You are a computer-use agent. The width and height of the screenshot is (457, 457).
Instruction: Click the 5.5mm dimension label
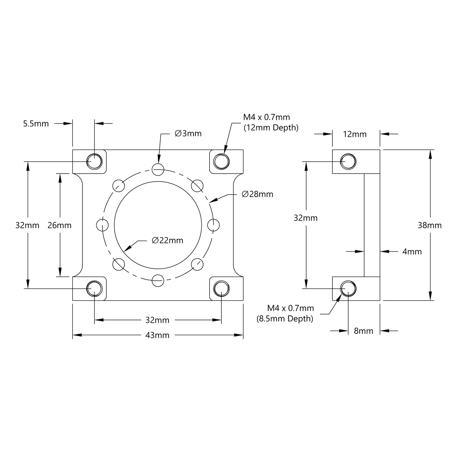click(36, 124)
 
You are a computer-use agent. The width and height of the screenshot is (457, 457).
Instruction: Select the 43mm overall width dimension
click(158, 335)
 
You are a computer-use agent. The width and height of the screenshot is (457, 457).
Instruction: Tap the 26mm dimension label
click(59, 225)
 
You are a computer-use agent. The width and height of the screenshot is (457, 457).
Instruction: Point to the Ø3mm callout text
click(188, 134)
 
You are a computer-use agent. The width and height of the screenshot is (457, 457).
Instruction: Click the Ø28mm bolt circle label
click(257, 194)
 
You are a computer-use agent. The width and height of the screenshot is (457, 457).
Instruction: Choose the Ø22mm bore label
click(167, 241)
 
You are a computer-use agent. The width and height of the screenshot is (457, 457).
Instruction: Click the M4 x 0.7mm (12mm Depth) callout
click(270, 122)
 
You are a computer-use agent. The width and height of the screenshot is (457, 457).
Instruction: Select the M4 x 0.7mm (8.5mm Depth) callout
click(285, 313)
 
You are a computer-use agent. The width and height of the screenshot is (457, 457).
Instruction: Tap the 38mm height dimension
click(430, 225)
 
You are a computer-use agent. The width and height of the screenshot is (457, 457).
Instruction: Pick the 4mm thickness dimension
click(412, 252)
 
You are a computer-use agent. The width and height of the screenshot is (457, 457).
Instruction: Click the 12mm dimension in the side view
click(355, 134)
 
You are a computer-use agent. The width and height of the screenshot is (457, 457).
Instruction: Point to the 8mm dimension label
click(363, 331)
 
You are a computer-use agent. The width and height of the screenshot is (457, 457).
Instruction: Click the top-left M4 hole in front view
click(94, 161)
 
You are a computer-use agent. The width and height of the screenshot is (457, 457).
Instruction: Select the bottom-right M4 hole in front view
click(221, 288)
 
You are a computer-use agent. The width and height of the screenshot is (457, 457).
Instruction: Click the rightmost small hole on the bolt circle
click(213, 225)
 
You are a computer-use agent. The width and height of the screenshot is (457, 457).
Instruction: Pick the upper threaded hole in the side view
click(348, 161)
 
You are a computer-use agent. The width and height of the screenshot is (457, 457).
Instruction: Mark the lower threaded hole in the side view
click(348, 288)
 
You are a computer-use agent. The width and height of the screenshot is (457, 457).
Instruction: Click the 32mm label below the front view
click(158, 320)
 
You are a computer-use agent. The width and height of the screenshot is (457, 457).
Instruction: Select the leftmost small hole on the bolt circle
click(102, 225)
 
